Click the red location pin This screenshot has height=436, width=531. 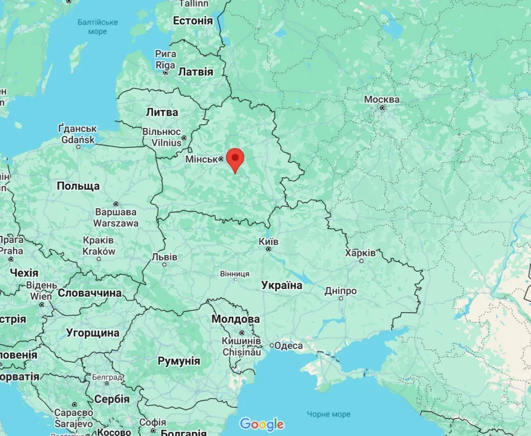tap(235, 158)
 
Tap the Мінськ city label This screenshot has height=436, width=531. tap(202, 159)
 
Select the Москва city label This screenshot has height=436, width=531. tap(381, 99)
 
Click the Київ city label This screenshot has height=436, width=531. tap(269, 241)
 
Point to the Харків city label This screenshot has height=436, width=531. tap(360, 253)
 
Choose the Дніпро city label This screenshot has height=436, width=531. tap(341, 291)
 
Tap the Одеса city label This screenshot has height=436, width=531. tap(289, 345)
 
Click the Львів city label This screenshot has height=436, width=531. tap(164, 257)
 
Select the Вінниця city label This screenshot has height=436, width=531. tap(235, 274)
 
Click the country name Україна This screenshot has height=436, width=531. tap(282, 286)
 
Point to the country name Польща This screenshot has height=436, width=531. tap(78, 186)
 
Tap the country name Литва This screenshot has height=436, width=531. tap(162, 112)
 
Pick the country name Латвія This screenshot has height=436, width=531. tap(195, 72)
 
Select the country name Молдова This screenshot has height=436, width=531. tap(236, 319)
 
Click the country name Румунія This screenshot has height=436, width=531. tap(179, 361)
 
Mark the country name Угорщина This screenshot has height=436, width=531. tap(93, 333)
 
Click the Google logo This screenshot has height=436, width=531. tap(262, 424)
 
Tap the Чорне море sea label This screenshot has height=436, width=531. tap(329, 414)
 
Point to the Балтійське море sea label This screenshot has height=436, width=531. tap(97, 27)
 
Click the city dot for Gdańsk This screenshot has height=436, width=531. tap(78, 147)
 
